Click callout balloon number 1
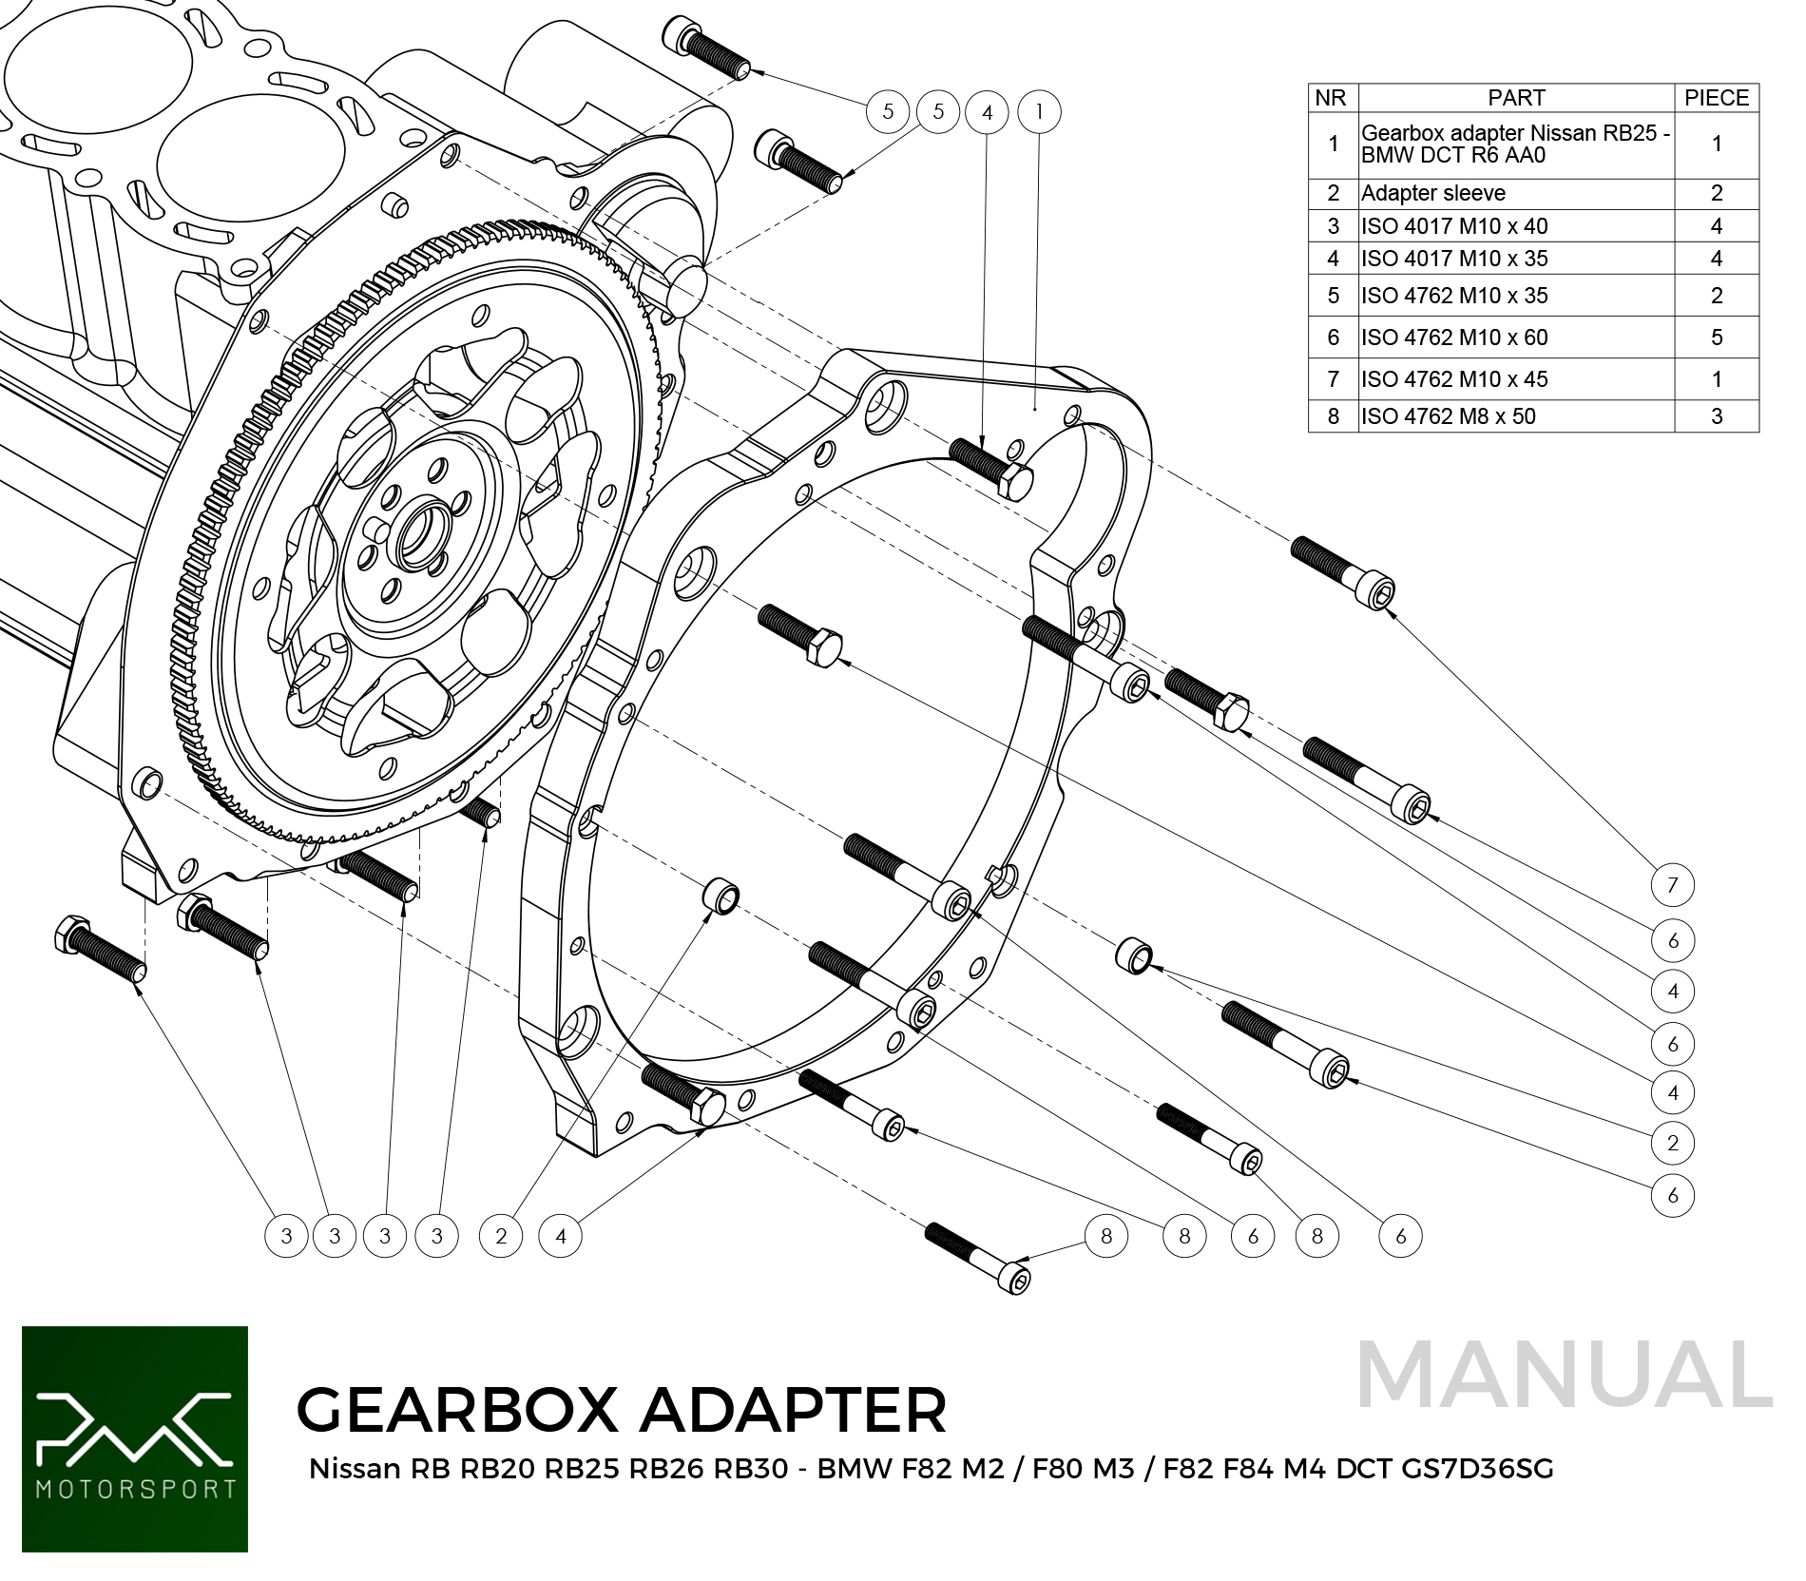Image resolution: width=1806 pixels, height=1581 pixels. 1039,112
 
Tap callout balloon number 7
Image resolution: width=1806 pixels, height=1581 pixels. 1672,885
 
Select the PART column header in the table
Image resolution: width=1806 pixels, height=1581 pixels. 1516,98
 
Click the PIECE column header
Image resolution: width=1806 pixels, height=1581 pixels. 1716,98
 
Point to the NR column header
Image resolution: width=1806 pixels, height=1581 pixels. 1331,98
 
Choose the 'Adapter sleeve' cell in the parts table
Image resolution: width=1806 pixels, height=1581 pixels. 1433,193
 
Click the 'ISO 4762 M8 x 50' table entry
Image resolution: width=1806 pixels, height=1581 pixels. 1448,416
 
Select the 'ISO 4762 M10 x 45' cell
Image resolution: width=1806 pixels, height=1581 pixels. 1454,379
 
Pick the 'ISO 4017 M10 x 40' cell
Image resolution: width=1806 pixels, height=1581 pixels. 1454,226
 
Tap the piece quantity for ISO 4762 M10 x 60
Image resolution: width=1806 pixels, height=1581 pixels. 1716,337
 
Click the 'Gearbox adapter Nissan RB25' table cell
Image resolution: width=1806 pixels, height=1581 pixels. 1514,145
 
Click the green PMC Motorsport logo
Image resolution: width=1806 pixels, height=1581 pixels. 135,1438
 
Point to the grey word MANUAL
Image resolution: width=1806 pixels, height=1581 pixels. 1564,1375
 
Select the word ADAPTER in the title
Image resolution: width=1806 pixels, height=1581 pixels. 794,1410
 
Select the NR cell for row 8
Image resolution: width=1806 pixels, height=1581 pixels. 1333,416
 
